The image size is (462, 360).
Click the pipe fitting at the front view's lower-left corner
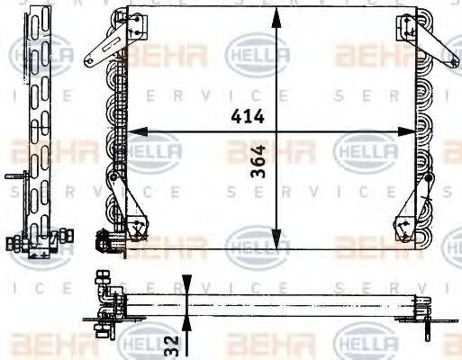(x=105, y=239)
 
